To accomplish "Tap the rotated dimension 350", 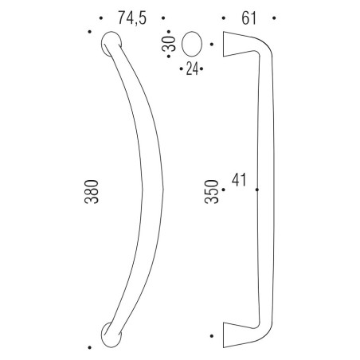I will tap(211, 194).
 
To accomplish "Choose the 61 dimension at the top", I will tap(248, 18).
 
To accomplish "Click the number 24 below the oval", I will tap(191, 70).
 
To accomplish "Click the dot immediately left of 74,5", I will tap(103, 18).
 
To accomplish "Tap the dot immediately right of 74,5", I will tap(162, 18).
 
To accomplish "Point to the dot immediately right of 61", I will tap(273, 18).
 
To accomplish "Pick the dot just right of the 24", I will tap(202, 70).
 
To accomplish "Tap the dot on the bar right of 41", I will tap(256, 190).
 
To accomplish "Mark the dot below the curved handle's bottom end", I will tap(89, 347).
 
